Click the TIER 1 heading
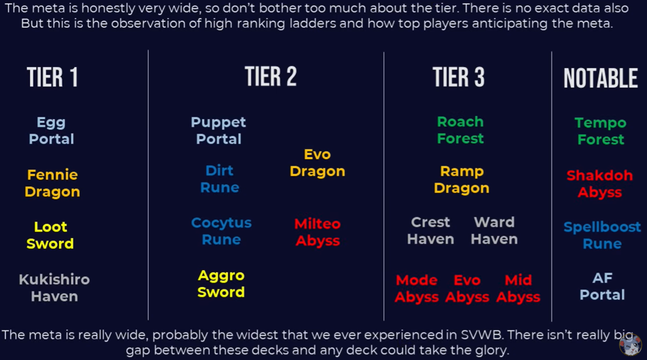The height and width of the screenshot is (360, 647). click(x=52, y=77)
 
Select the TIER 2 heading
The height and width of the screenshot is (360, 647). click(x=271, y=76)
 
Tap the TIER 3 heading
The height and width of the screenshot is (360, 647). click(x=459, y=77)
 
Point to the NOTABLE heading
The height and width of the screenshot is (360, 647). click(x=600, y=78)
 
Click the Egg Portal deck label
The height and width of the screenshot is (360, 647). click(x=51, y=131)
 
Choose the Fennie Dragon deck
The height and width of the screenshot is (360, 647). click(x=52, y=183)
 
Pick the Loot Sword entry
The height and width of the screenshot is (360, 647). click(x=50, y=235)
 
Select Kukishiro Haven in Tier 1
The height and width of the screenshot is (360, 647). click(x=55, y=288)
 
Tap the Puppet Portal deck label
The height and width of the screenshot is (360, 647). click(x=218, y=130)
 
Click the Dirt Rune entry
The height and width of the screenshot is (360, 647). click(x=219, y=179)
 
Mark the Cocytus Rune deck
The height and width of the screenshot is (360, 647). click(x=221, y=231)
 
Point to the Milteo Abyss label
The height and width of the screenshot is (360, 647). click(x=318, y=232)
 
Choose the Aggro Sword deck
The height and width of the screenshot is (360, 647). click(x=221, y=283)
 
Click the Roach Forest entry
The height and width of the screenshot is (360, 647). click(x=460, y=130)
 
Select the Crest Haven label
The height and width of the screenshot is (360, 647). click(x=430, y=231)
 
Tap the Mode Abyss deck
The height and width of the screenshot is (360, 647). click(x=416, y=289)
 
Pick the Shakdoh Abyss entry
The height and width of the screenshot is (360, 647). click(x=600, y=184)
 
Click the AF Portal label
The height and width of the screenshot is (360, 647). click(x=602, y=286)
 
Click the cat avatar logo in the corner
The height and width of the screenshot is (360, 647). click(x=631, y=344)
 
